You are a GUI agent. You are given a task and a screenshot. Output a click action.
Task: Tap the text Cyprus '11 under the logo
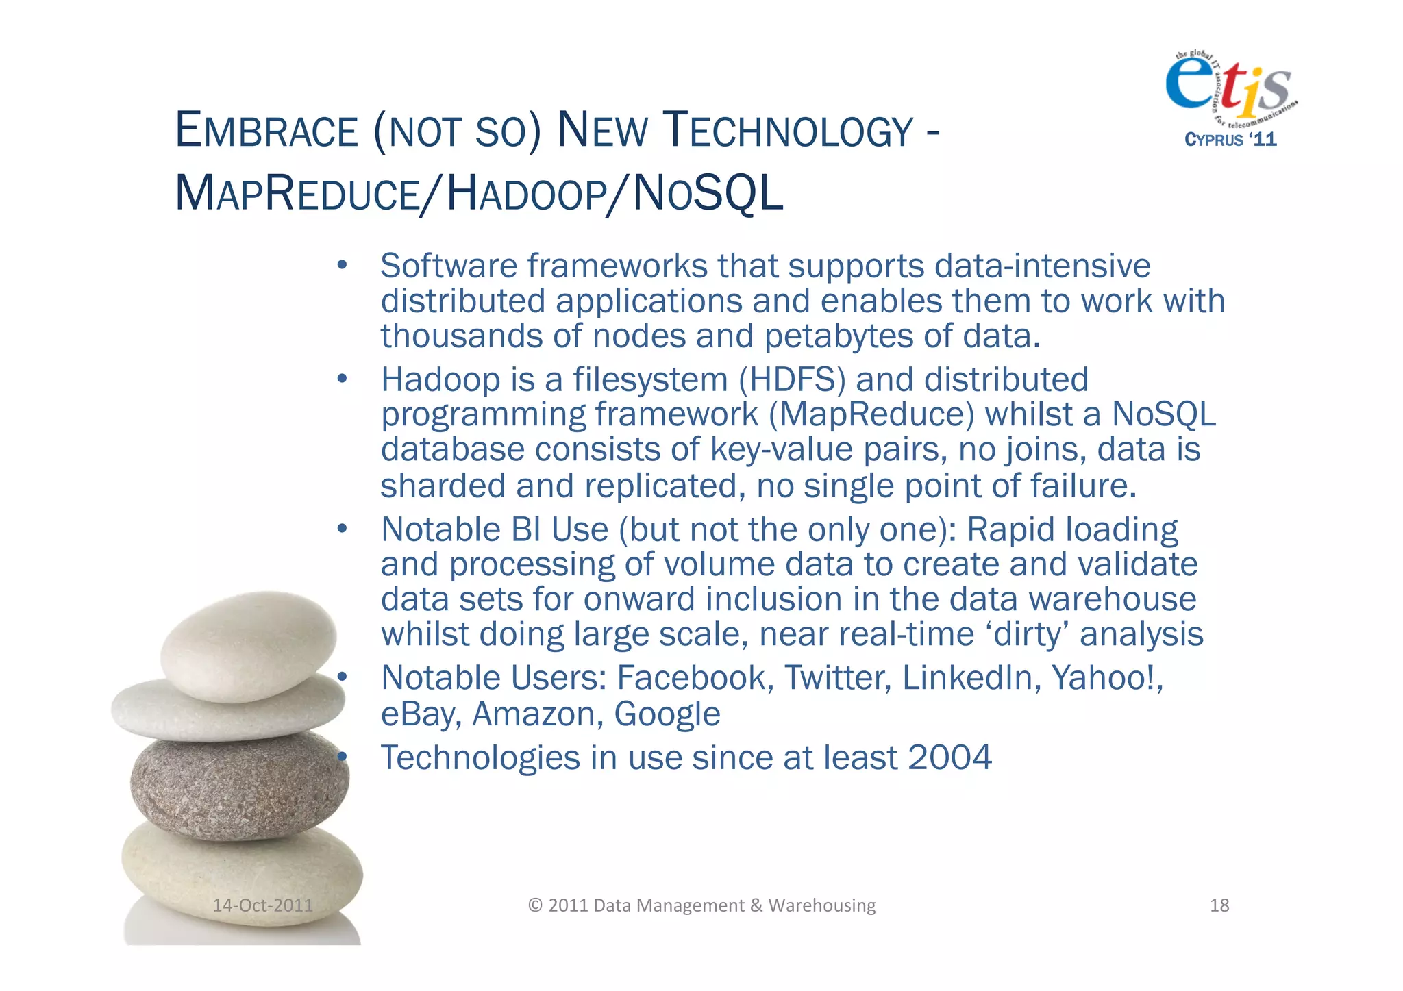click(x=1230, y=140)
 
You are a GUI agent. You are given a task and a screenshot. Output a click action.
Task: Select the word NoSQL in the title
click(x=708, y=194)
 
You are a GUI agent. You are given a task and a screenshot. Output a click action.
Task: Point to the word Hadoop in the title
click(x=526, y=194)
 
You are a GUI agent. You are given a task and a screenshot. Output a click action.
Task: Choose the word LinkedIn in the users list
click(x=971, y=678)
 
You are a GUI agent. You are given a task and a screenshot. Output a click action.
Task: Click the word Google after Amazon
click(x=667, y=714)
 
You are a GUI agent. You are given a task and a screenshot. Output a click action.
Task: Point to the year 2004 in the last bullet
click(x=949, y=757)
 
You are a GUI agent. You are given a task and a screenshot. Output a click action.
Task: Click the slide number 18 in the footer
click(x=1219, y=905)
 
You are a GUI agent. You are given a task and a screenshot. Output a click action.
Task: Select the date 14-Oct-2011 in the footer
click(x=262, y=905)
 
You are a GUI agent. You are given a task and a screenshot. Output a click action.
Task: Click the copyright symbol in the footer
click(x=535, y=905)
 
